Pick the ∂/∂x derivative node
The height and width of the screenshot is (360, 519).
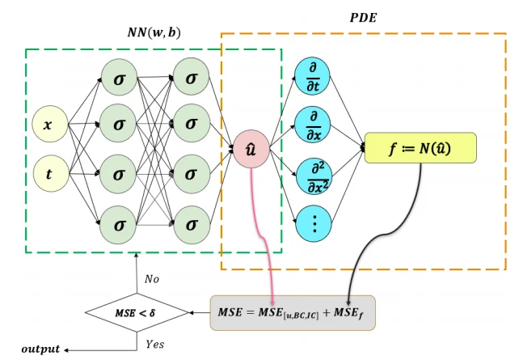click(314, 125)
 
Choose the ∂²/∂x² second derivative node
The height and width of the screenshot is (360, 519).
click(314, 175)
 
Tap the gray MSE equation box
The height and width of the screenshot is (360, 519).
click(293, 312)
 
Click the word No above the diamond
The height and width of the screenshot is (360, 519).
click(151, 278)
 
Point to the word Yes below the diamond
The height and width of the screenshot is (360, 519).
click(154, 344)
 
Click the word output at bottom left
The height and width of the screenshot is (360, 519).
click(40, 349)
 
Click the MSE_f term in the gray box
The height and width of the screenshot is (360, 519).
click(350, 313)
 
